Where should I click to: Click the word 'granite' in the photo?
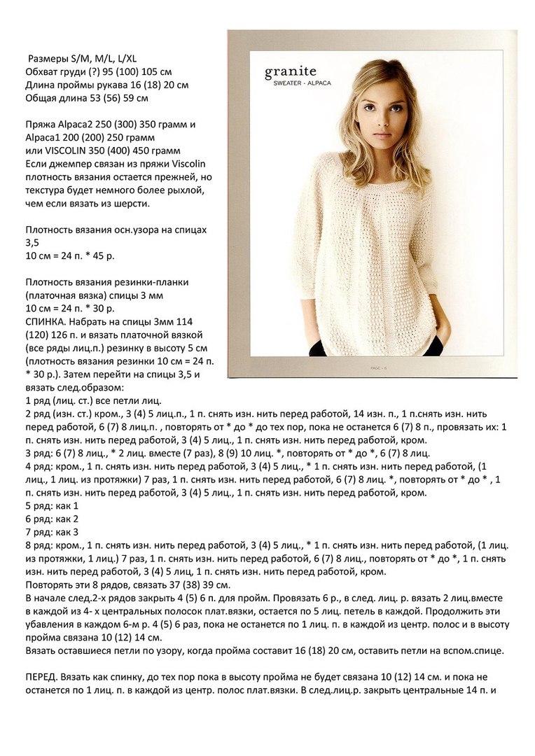pos(290,71)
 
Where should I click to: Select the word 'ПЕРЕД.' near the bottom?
pos(41,677)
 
